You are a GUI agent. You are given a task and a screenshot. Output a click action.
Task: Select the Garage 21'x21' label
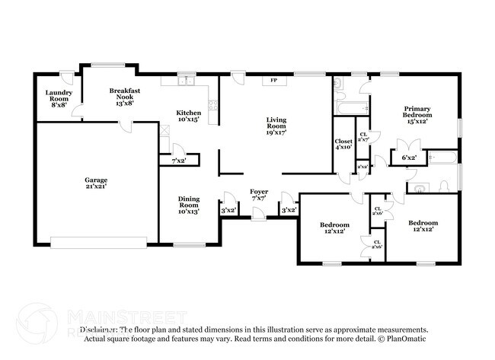point(96,183)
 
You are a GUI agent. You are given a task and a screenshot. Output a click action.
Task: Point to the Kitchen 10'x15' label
point(189,116)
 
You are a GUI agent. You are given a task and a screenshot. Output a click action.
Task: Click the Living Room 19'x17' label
point(276,125)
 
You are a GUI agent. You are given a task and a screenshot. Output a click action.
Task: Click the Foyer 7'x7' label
point(259,195)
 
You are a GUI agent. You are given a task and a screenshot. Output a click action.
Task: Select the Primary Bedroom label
point(417,115)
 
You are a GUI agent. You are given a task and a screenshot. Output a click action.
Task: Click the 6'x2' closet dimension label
point(409,158)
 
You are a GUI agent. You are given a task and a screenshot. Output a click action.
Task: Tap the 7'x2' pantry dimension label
point(178,161)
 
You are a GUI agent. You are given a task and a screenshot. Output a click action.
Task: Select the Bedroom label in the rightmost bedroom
point(423,226)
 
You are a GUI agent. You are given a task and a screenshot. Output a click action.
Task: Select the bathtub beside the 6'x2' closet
point(442,158)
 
